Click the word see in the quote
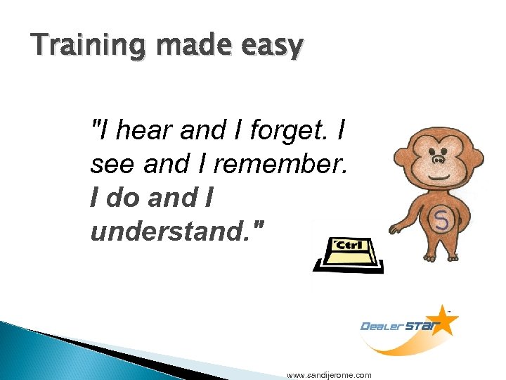coord(112,165)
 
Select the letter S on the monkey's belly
coord(441,222)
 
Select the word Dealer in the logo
coord(383,326)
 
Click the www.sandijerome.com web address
coord(329,375)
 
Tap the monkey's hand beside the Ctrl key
coord(394,229)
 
